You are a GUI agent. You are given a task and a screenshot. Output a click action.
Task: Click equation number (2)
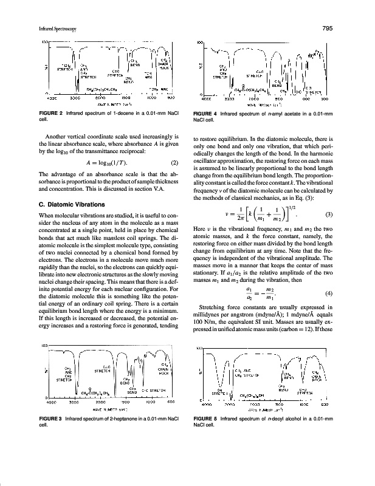click(x=174, y=162)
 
